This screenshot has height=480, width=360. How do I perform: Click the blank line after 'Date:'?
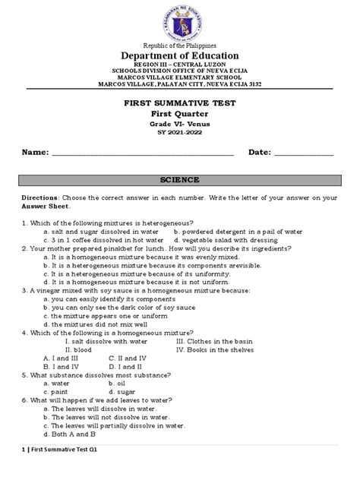point(302,153)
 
